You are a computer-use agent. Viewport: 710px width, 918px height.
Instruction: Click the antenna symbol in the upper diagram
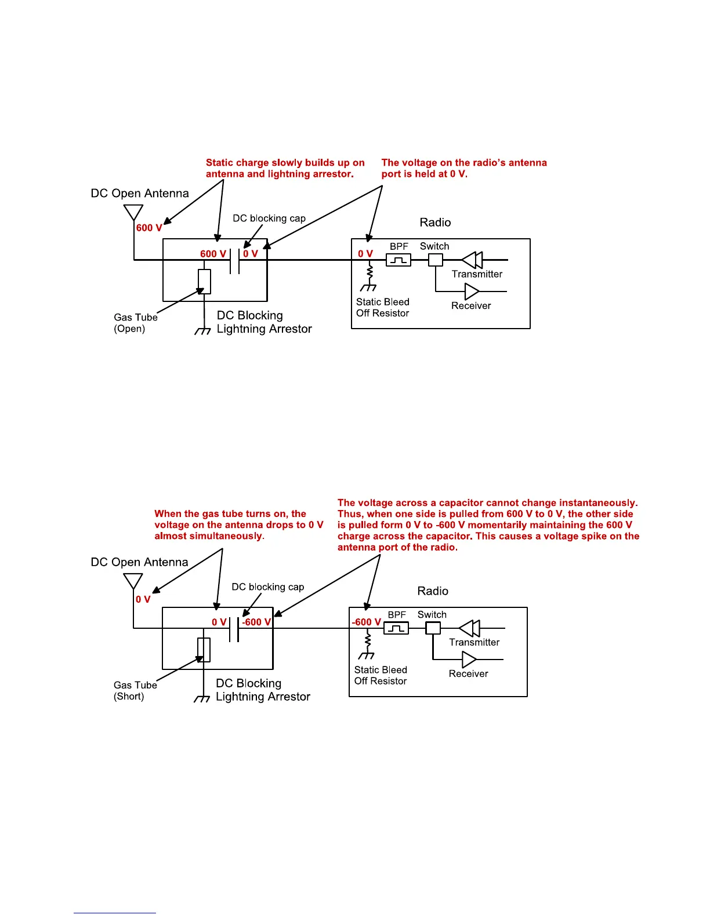[133, 212]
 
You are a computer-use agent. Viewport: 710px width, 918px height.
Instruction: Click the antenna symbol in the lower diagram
[133, 581]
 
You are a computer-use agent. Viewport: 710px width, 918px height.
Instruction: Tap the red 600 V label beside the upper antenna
[149, 228]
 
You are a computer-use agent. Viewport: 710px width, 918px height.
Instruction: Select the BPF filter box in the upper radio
[399, 260]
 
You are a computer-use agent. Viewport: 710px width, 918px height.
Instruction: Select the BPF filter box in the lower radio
[396, 628]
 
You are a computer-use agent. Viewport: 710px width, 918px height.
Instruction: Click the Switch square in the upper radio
[435, 260]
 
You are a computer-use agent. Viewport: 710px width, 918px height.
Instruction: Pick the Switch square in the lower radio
[433, 628]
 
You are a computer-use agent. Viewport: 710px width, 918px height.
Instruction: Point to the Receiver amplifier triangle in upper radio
[472, 292]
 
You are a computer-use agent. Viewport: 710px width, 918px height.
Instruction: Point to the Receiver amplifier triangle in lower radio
[469, 660]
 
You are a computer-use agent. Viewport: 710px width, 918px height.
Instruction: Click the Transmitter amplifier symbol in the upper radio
[472, 260]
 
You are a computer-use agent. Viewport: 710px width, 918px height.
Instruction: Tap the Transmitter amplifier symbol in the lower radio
[469, 628]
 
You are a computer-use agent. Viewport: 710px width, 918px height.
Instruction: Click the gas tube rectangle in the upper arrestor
[204, 282]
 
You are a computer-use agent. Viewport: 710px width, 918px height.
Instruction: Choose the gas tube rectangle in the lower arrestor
[204, 650]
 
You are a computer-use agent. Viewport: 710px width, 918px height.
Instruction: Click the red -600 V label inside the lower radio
[366, 622]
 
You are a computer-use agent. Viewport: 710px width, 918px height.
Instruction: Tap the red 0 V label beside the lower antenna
[143, 599]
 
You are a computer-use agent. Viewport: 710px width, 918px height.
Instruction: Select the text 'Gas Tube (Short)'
[135, 690]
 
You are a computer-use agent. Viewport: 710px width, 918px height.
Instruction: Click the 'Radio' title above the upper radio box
[435, 223]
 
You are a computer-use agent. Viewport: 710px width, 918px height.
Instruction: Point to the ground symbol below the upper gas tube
[203, 331]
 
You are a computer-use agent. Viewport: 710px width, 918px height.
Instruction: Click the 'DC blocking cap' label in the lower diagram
[268, 586]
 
